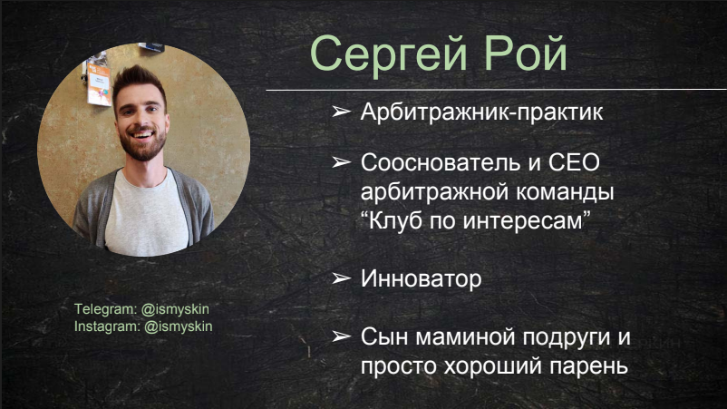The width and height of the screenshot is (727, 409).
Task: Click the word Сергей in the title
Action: pos(389,54)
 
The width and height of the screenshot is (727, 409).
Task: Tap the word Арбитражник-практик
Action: pos(481,112)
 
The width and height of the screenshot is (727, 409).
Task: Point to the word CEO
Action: pos(574,162)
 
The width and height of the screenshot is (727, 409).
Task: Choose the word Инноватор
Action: pos(421,278)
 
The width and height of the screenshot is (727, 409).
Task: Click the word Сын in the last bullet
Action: pos(384,336)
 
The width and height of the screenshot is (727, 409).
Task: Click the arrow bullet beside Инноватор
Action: pos(341,278)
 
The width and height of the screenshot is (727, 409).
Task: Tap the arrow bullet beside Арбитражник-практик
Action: pos(341,112)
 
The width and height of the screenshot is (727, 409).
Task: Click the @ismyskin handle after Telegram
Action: pos(175,309)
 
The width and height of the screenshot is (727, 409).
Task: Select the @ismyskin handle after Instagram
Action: pos(179,326)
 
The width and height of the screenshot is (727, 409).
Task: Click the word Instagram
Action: pos(107,326)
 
